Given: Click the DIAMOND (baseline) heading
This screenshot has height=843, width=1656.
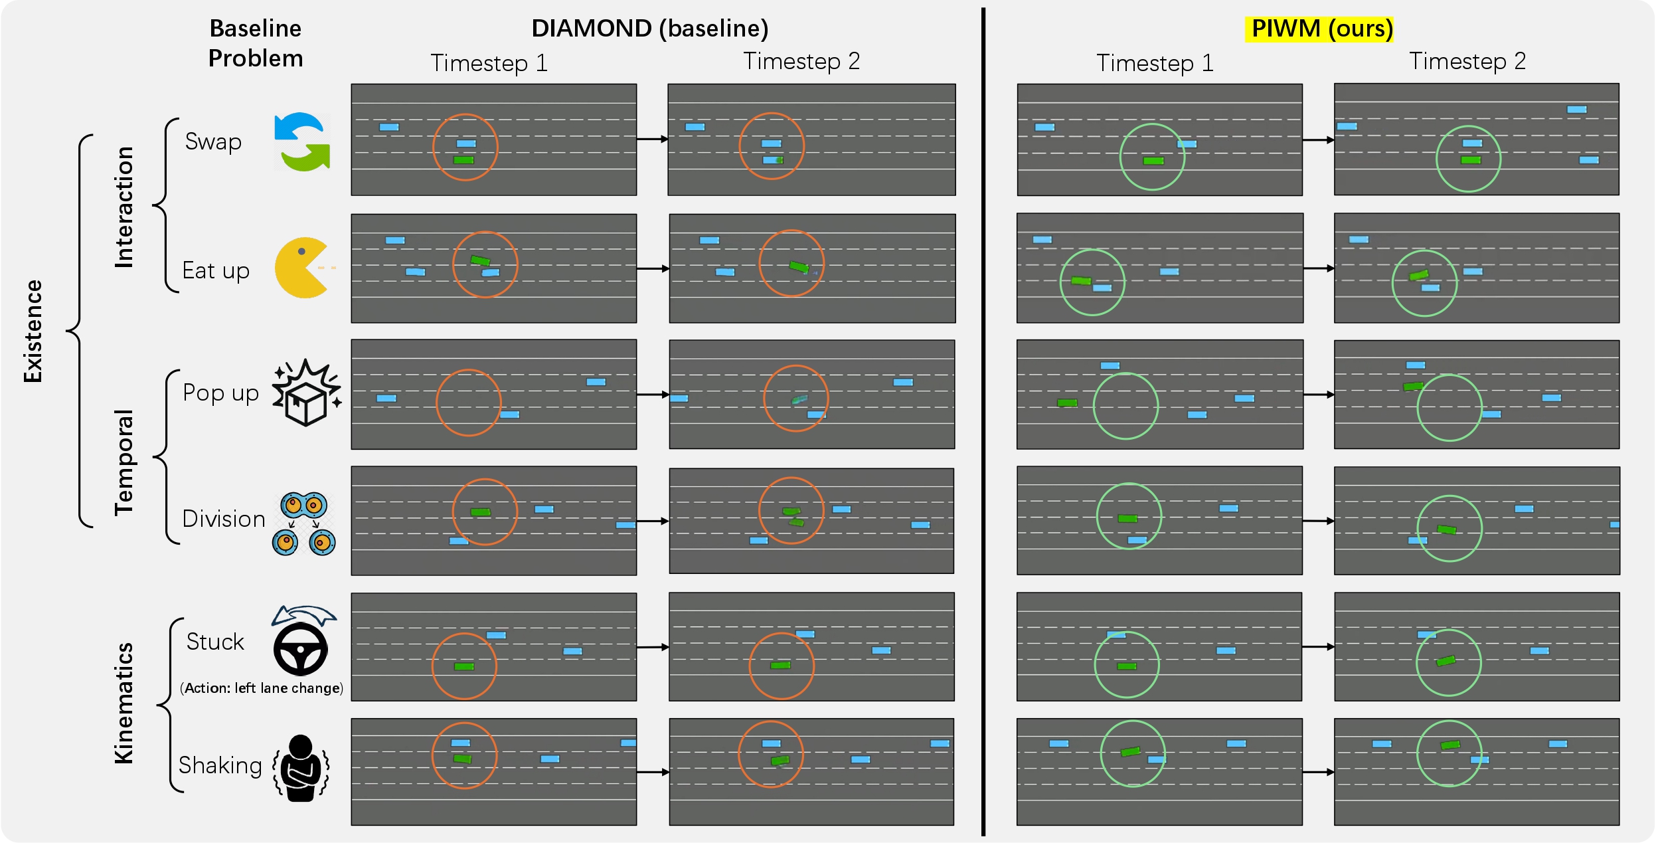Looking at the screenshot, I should pyautogui.click(x=650, y=29).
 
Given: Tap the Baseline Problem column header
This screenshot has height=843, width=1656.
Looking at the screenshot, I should pyautogui.click(x=256, y=43).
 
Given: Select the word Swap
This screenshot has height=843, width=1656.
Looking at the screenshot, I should pyautogui.click(x=213, y=142).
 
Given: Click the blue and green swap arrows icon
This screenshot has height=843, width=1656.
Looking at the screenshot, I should pyautogui.click(x=303, y=141).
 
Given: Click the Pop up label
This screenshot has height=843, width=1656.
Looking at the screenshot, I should pyautogui.click(x=220, y=393).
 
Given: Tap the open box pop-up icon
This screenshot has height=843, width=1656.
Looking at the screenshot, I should pyautogui.click(x=306, y=393).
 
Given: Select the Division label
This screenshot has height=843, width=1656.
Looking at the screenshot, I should pyautogui.click(x=224, y=519).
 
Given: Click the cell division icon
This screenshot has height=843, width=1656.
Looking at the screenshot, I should pyautogui.click(x=304, y=523).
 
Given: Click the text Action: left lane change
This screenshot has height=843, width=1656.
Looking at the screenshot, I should pyautogui.click(x=262, y=688).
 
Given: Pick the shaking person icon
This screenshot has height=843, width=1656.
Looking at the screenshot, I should pyautogui.click(x=301, y=768).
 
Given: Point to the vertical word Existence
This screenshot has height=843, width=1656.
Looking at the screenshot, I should pyautogui.click(x=33, y=331).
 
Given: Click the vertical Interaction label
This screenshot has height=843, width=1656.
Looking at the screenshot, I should pyautogui.click(x=124, y=207).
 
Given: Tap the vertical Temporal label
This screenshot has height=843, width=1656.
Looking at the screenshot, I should pyautogui.click(x=124, y=462).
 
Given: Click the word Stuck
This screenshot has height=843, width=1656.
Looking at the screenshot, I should pyautogui.click(x=215, y=642).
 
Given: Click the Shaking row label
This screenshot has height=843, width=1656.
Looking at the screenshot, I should pyautogui.click(x=220, y=765).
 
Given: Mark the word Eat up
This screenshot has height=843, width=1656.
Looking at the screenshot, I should pyautogui.click(x=216, y=271).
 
